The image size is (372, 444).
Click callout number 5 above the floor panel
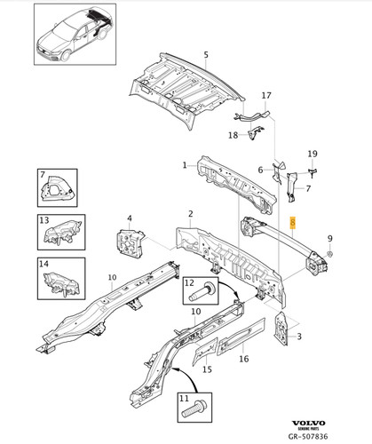tap(205, 55)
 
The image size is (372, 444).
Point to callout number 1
tap(185, 164)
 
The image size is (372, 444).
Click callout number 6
tap(261, 170)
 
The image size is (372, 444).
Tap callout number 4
tap(129, 218)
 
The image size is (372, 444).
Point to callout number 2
tap(189, 214)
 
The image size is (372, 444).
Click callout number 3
tap(298, 337)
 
